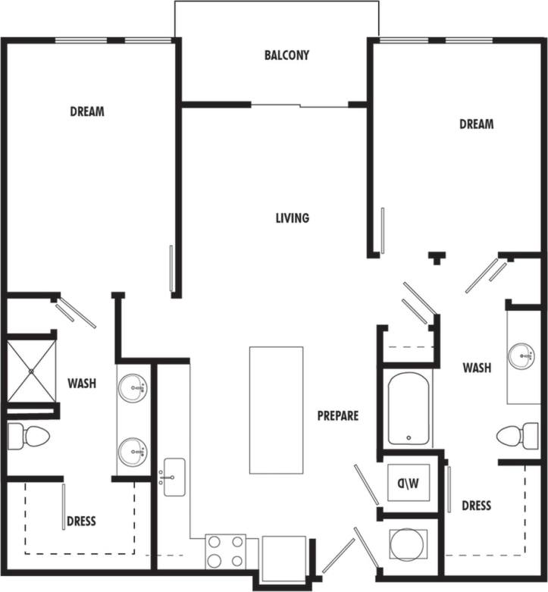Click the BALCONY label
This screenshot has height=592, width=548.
(x=287, y=55)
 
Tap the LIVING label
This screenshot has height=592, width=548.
(x=292, y=218)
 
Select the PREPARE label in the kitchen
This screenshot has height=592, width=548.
(x=337, y=415)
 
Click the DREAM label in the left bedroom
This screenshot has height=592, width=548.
(x=87, y=111)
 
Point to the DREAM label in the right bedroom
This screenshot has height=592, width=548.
(x=476, y=124)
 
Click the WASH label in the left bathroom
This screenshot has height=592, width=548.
(x=81, y=384)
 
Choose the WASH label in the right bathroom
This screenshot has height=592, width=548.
(x=477, y=368)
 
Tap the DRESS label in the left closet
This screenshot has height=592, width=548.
(x=81, y=521)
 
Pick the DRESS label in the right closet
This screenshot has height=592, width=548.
(x=476, y=506)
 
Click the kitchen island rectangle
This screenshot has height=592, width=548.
(x=276, y=410)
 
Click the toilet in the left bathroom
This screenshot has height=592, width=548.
(x=28, y=437)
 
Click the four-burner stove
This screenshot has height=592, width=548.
(x=226, y=551)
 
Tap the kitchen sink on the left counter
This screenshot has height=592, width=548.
(x=174, y=477)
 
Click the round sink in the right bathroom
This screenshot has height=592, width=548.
(x=521, y=355)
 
